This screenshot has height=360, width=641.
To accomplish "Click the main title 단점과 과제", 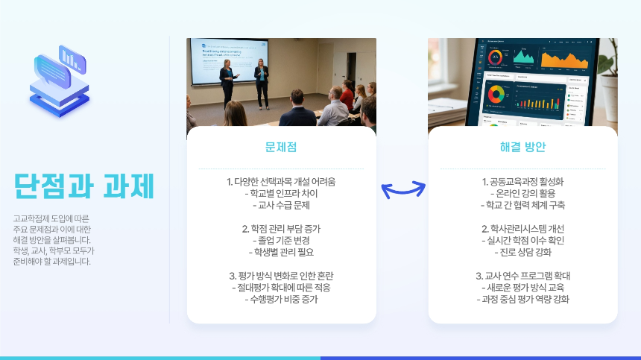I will coord(83,186).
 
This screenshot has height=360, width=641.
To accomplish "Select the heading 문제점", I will coord(281,147).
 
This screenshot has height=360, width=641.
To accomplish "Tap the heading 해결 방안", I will coord(522,147).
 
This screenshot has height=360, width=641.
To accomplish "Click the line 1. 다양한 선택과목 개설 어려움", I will coord(281,182).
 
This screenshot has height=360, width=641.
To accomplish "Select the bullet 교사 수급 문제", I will coord(281,205).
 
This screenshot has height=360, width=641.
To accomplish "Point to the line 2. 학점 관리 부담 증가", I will coord(281,229).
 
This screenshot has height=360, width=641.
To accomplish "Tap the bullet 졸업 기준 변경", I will coord(281,240).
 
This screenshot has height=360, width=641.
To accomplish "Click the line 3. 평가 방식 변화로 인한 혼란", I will coord(281,276).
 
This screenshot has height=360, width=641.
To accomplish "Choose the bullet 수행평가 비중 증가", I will coord(281,299).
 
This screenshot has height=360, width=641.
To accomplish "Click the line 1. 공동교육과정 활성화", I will coord(522,182).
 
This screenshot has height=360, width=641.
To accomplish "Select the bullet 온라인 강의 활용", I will coord(522,193).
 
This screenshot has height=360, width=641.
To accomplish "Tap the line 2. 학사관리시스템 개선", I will coord(522,229).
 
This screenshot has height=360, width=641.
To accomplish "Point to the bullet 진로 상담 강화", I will coord(522,252).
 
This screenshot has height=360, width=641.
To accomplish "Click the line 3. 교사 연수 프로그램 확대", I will coord(522,276).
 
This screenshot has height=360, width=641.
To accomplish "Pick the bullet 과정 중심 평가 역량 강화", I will coord(522,299).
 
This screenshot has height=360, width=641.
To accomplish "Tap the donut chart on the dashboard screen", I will coord(495,95).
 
